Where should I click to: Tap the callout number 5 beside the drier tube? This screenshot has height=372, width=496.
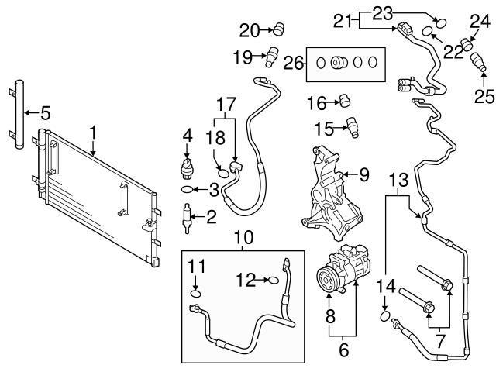pyautogui.click(x=45, y=113)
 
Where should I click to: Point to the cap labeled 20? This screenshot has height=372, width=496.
pyautogui.click(x=277, y=30)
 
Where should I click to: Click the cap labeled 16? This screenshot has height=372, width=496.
pyautogui.click(x=346, y=100)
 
